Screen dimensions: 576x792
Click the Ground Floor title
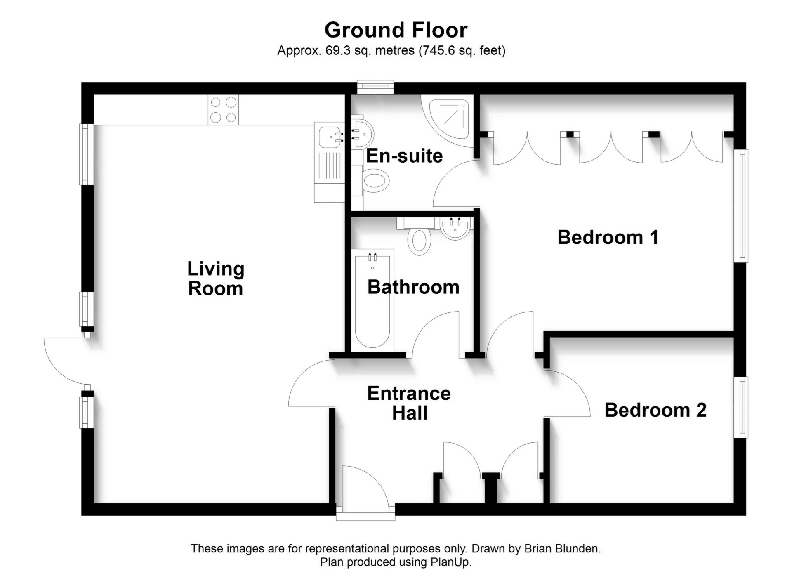(x=396, y=30)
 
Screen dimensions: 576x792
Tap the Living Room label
(x=216, y=279)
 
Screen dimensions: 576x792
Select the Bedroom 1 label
(x=608, y=237)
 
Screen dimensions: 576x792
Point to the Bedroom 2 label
(x=655, y=410)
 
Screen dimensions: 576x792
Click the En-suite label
(x=404, y=156)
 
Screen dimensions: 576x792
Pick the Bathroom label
(x=413, y=287)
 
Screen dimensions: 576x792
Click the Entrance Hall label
(x=409, y=403)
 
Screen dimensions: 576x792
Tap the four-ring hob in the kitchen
(x=223, y=110)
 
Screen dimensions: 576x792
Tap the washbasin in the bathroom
(x=455, y=227)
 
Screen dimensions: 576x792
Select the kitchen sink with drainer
(x=330, y=155)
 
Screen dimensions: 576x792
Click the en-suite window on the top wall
(x=375, y=86)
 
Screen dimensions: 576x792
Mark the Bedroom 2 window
(x=741, y=407)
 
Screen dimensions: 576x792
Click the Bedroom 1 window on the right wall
(x=741, y=205)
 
